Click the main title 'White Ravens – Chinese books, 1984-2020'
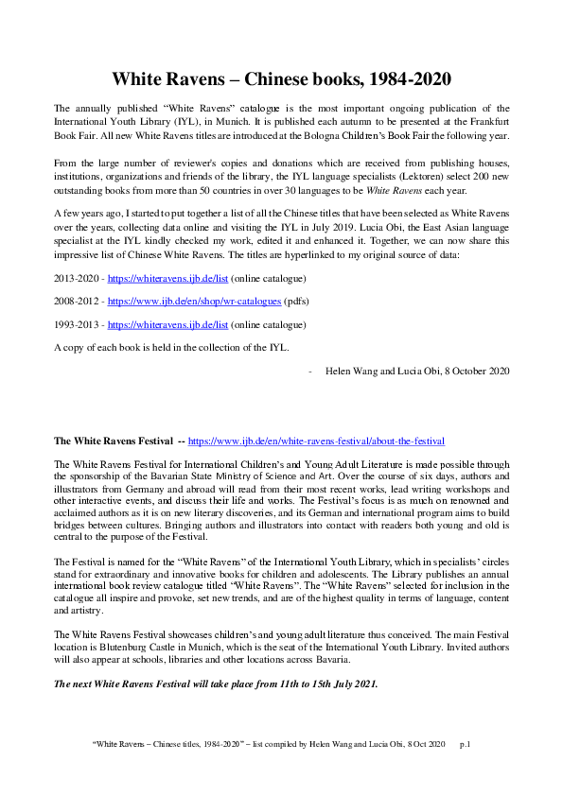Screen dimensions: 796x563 pyautogui.click(x=281, y=78)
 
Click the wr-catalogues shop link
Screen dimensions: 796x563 pyautogui.click(x=194, y=302)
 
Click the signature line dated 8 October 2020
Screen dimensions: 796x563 pyautogui.click(x=417, y=371)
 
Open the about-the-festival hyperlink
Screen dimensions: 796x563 pyautogui.click(x=316, y=441)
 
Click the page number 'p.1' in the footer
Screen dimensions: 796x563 pyautogui.click(x=465, y=745)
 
